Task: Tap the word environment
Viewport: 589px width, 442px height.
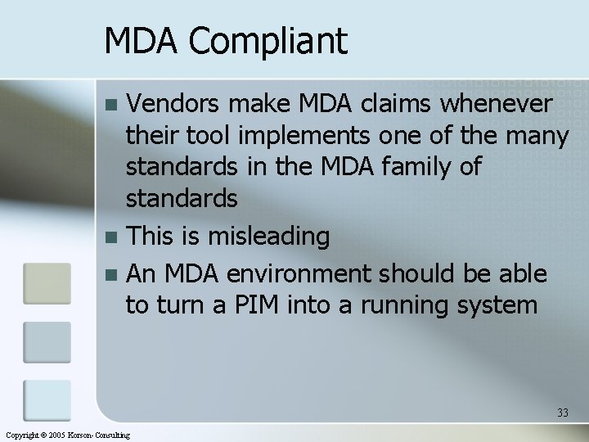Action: click(x=312, y=271)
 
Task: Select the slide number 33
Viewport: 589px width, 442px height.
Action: click(x=563, y=413)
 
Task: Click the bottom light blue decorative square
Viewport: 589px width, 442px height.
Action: click(x=47, y=399)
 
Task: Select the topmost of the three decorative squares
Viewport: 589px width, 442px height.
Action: click(x=47, y=283)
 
